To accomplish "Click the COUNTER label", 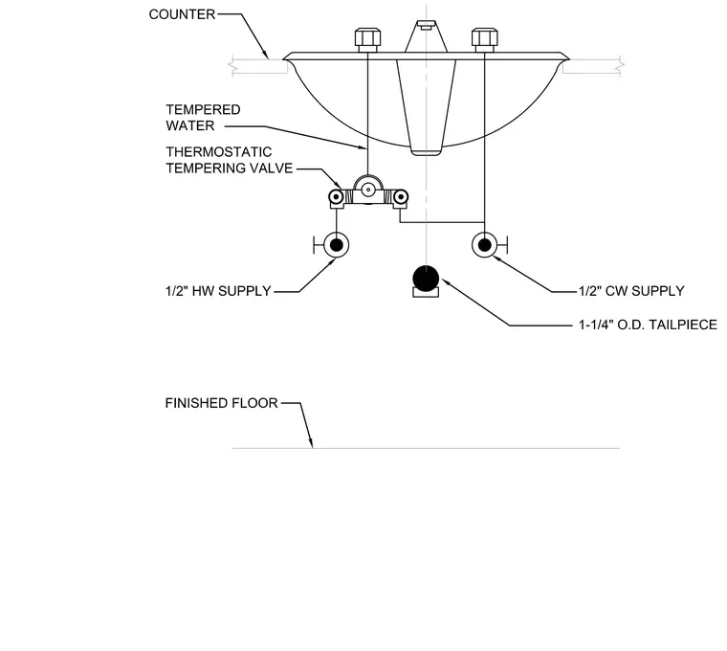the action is click(182, 14).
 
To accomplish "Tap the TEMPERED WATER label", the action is click(203, 118).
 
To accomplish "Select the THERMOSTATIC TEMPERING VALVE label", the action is click(229, 160).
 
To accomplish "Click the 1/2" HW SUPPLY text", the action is click(218, 291).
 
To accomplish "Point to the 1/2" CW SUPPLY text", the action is click(631, 291).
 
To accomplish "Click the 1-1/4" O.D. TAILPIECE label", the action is click(648, 325).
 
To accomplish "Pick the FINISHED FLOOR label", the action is click(221, 403).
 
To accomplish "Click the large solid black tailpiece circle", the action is click(426, 279).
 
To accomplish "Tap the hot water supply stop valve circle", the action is click(336, 244).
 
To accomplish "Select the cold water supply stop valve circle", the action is click(485, 244).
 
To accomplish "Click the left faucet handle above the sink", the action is click(367, 40).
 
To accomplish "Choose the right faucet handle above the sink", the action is click(485, 40).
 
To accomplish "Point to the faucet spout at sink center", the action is click(426, 36).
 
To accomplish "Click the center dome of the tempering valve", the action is click(368, 189).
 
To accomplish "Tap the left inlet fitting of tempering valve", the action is click(336, 197).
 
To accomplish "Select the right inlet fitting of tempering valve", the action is click(400, 197).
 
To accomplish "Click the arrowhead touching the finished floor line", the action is click(311, 443).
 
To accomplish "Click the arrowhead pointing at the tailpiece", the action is click(446, 282).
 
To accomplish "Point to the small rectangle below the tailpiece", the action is click(426, 292).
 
